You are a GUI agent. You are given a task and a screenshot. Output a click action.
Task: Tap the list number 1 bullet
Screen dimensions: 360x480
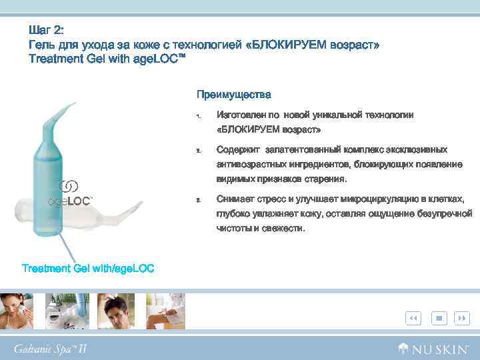click(x=198, y=117)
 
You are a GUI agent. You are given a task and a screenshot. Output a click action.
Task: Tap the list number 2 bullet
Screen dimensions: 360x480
click(x=198, y=151)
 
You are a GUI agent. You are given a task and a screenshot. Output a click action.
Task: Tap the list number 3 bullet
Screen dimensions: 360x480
click(x=198, y=200)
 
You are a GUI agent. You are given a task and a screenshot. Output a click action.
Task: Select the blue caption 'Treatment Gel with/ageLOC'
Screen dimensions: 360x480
click(x=88, y=269)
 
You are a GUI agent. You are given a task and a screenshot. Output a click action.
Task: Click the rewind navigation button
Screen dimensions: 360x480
click(x=413, y=319)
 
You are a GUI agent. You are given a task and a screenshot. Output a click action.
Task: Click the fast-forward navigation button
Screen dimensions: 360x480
click(x=461, y=319)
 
